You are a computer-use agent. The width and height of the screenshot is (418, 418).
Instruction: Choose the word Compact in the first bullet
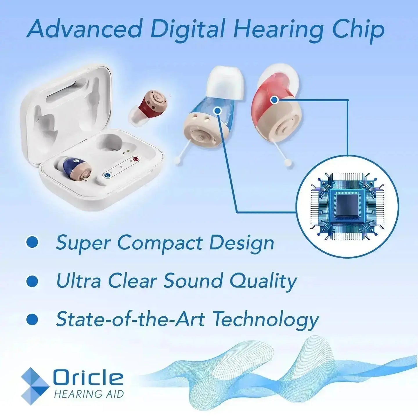coord(160,243)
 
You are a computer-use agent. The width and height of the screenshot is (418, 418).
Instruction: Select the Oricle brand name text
coord(88,378)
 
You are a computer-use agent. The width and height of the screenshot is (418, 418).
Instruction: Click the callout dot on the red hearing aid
coord(274,100)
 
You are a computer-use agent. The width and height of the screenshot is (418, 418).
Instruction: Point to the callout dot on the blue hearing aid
coord(217,110)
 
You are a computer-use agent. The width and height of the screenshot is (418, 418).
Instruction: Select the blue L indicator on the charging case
coord(107,175)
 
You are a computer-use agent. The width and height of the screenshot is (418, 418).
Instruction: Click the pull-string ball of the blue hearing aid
coord(178,159)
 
